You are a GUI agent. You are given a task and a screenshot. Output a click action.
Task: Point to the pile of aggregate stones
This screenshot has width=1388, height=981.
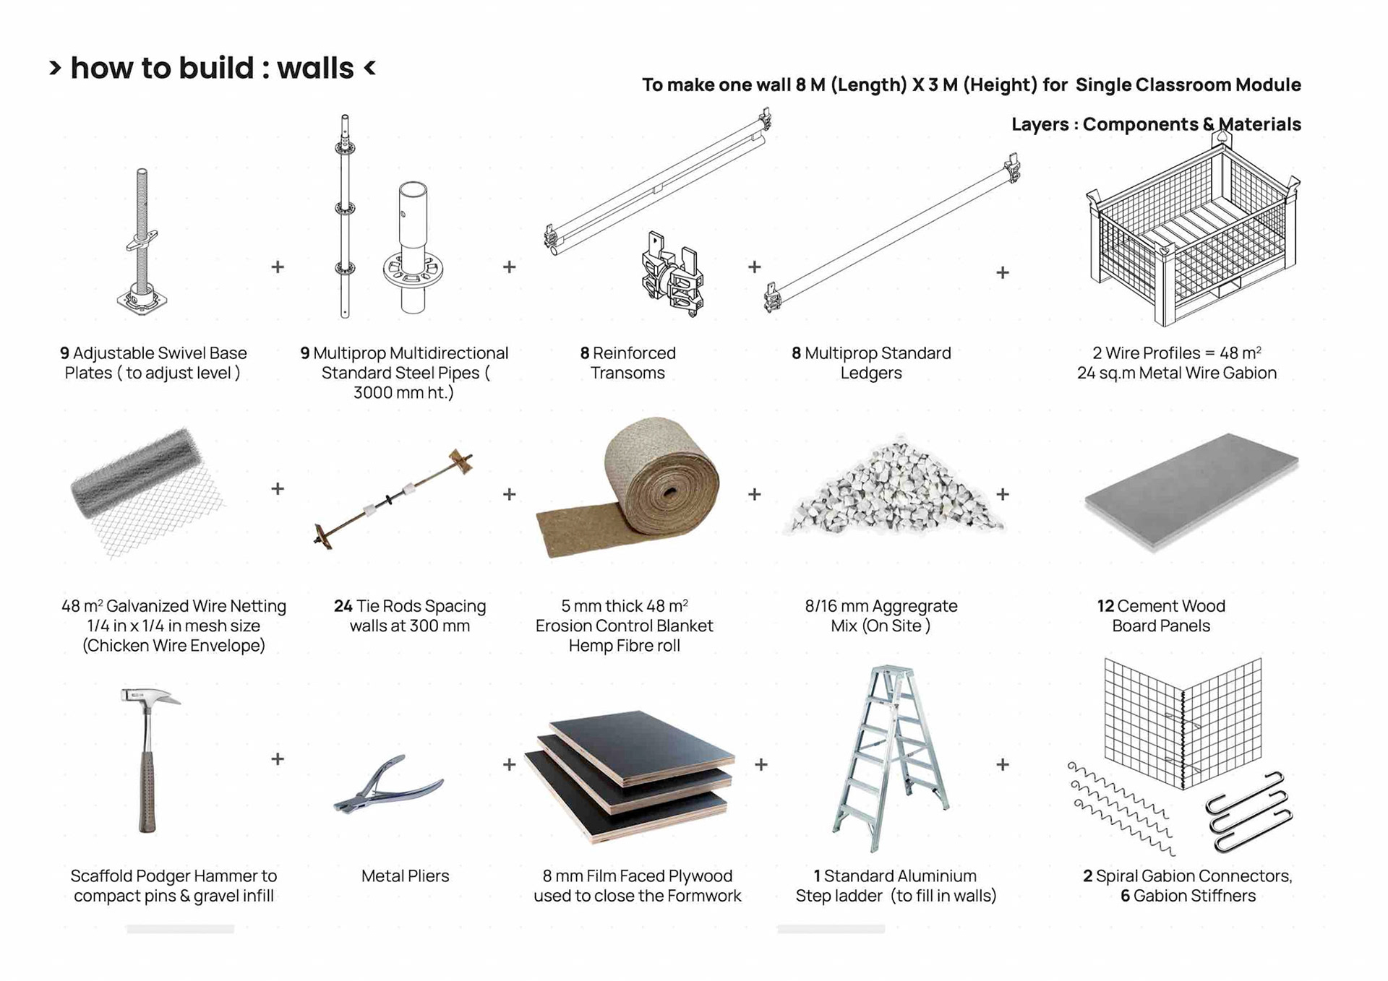coord(894,488)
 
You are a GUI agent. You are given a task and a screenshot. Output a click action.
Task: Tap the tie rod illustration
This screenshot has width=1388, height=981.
coord(394,498)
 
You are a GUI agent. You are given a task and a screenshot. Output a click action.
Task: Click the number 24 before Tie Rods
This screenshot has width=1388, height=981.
coord(343,606)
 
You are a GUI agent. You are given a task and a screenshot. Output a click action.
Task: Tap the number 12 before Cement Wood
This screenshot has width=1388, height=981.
coord(1105,606)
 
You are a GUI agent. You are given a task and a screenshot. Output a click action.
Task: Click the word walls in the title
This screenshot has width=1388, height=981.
coord(315,69)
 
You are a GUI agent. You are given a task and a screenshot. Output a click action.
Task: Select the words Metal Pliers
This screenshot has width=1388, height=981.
coord(405,876)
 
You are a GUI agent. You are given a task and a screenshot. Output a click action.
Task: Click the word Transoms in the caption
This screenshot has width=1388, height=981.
coord(627,373)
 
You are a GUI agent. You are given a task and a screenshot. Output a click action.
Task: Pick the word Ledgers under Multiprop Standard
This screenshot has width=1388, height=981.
coord(870,373)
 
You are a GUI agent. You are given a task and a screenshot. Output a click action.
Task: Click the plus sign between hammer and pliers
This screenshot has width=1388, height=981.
coord(278,759)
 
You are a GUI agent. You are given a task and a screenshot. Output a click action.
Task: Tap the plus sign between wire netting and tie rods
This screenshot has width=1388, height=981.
coord(278,489)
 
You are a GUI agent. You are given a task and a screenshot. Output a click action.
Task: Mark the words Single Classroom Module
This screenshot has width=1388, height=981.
coord(1188,85)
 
